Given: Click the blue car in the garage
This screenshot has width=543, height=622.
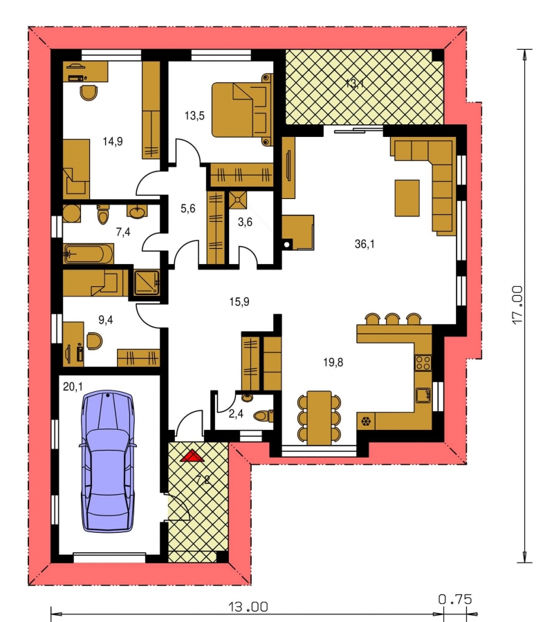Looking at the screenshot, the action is coord(108,461).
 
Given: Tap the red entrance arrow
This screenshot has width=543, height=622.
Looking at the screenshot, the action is coord(192,456).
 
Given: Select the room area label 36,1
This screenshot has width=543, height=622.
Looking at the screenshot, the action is coord(365,244).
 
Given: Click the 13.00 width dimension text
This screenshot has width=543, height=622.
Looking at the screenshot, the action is coord(248,607).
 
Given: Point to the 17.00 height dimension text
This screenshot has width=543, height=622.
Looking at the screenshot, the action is coord(517,305).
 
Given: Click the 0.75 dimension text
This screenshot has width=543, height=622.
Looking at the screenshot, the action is coord(455,599).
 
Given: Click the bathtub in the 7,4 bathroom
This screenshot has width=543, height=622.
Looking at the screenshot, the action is coord(89,254).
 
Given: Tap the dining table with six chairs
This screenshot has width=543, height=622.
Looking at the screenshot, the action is coord(319,417).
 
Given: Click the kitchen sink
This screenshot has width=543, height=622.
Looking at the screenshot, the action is coord(423,395).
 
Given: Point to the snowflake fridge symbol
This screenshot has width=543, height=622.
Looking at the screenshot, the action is coord(366,421).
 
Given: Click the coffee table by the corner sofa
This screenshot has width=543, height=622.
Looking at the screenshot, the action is coord(407,198).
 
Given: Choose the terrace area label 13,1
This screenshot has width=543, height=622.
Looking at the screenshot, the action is coord(354,84).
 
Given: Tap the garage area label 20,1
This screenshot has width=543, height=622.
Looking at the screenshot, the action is coord(73,386).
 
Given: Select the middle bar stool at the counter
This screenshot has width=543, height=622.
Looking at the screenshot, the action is coord(393,319).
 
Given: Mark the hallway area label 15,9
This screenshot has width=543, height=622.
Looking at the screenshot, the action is coord(239,302).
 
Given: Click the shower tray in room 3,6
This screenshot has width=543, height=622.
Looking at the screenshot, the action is coord(238,200).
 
